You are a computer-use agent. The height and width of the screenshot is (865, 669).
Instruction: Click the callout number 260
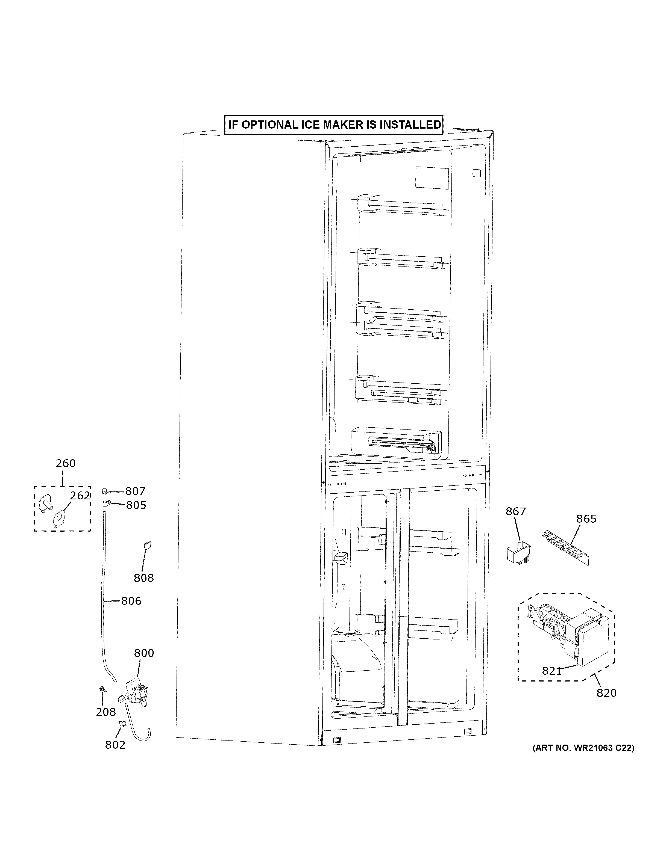tap(65, 463)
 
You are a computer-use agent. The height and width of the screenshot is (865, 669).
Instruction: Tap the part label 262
tap(80, 496)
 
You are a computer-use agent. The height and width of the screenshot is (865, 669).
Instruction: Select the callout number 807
tap(135, 491)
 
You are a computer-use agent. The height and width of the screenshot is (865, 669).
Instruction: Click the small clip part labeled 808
tap(147, 545)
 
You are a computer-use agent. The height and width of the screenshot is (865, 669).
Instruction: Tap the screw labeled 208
tap(102, 689)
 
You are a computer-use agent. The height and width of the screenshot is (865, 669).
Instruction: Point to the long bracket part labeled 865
tap(565, 548)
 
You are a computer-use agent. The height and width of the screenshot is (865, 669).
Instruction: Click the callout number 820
tap(606, 693)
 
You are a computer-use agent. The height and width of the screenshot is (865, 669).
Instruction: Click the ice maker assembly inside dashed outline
tap(567, 634)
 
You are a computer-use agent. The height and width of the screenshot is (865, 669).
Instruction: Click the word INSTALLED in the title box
tap(410, 125)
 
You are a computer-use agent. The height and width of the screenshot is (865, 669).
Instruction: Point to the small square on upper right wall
tap(476, 173)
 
